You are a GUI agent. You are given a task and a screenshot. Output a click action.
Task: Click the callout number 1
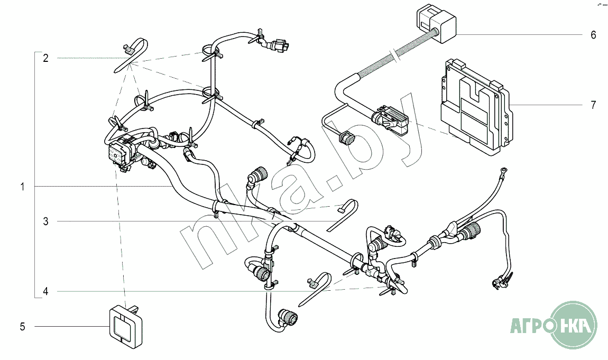(x=23, y=187)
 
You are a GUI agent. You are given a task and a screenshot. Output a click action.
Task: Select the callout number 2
(x=46, y=58)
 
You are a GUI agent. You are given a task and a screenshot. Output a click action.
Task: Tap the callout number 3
(x=46, y=222)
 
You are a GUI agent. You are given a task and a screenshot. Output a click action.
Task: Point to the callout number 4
(x=46, y=291)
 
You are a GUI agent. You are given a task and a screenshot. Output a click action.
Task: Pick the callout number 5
(x=23, y=327)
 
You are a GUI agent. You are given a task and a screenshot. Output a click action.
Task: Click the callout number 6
(x=593, y=35)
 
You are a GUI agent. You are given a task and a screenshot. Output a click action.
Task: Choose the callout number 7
(x=593, y=105)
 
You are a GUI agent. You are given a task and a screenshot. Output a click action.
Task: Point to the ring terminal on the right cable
(x=505, y=170)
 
